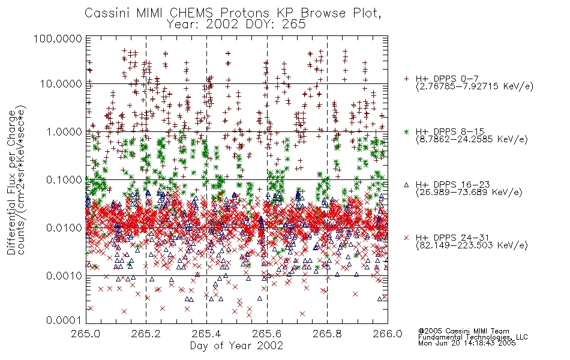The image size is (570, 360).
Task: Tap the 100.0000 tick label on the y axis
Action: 58,38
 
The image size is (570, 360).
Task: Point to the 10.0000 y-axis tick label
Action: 61,84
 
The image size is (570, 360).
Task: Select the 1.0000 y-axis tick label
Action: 64,132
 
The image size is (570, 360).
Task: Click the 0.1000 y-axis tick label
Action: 64,180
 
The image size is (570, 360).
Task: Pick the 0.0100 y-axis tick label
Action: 64,228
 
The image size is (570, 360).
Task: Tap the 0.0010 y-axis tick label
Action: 64,276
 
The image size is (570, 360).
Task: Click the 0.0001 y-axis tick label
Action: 64,320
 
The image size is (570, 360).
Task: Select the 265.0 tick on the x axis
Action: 86,334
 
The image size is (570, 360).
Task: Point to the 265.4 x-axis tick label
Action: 206,334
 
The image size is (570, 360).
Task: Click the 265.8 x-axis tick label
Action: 327,334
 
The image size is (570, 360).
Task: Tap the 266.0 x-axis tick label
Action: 388,334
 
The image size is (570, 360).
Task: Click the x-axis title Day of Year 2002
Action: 236,346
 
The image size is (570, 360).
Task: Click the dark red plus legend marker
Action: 406,79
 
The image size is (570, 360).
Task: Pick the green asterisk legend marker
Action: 406,131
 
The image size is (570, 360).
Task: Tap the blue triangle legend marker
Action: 406,185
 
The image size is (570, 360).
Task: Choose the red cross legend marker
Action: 406,238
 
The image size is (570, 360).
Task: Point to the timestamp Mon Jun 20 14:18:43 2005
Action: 467,343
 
